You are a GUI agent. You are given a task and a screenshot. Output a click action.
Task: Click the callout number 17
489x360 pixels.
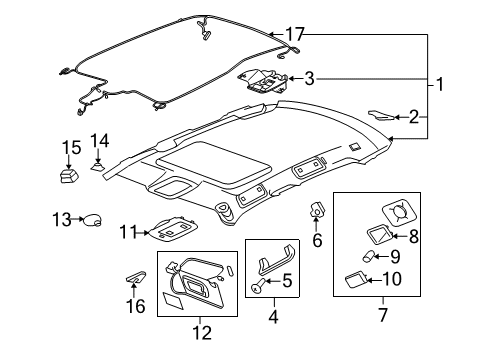click(x=293, y=35)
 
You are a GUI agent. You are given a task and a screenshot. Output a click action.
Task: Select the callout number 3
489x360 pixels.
click(x=311, y=78)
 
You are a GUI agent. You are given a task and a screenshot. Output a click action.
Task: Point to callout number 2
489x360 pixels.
click(x=413, y=118)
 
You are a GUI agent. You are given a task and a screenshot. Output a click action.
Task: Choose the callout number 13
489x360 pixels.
click(x=62, y=218)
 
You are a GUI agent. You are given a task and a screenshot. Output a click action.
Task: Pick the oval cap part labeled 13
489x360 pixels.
click(x=90, y=218)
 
